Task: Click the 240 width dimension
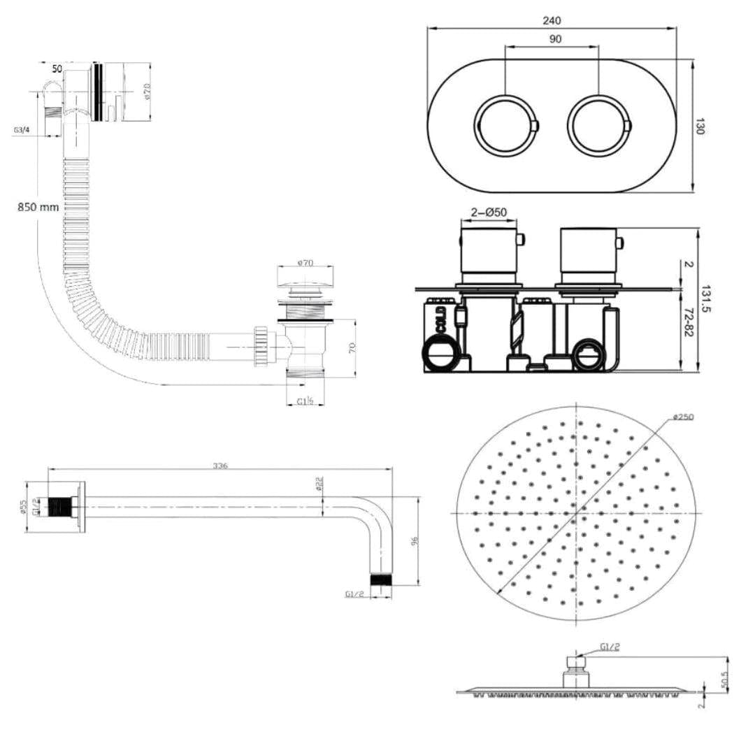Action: (552, 21)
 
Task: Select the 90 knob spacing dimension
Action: (555, 40)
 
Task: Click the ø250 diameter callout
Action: (684, 417)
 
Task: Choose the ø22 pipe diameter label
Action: (318, 484)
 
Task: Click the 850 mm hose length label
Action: (39, 207)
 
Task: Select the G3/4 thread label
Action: (21, 130)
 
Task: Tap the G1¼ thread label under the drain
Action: (305, 401)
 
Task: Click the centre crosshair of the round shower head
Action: (577, 512)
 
